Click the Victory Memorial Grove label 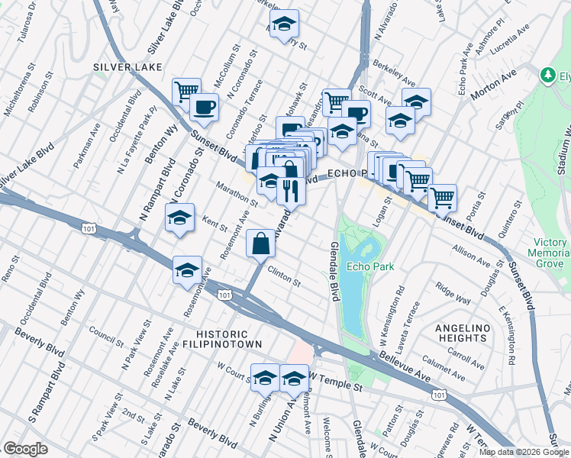(x=550, y=252)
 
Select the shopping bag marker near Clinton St (x=260, y=244)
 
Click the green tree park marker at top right (x=547, y=75)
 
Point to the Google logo (x=25, y=448)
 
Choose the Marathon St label (x=237, y=193)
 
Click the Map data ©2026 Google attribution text (x=523, y=452)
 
